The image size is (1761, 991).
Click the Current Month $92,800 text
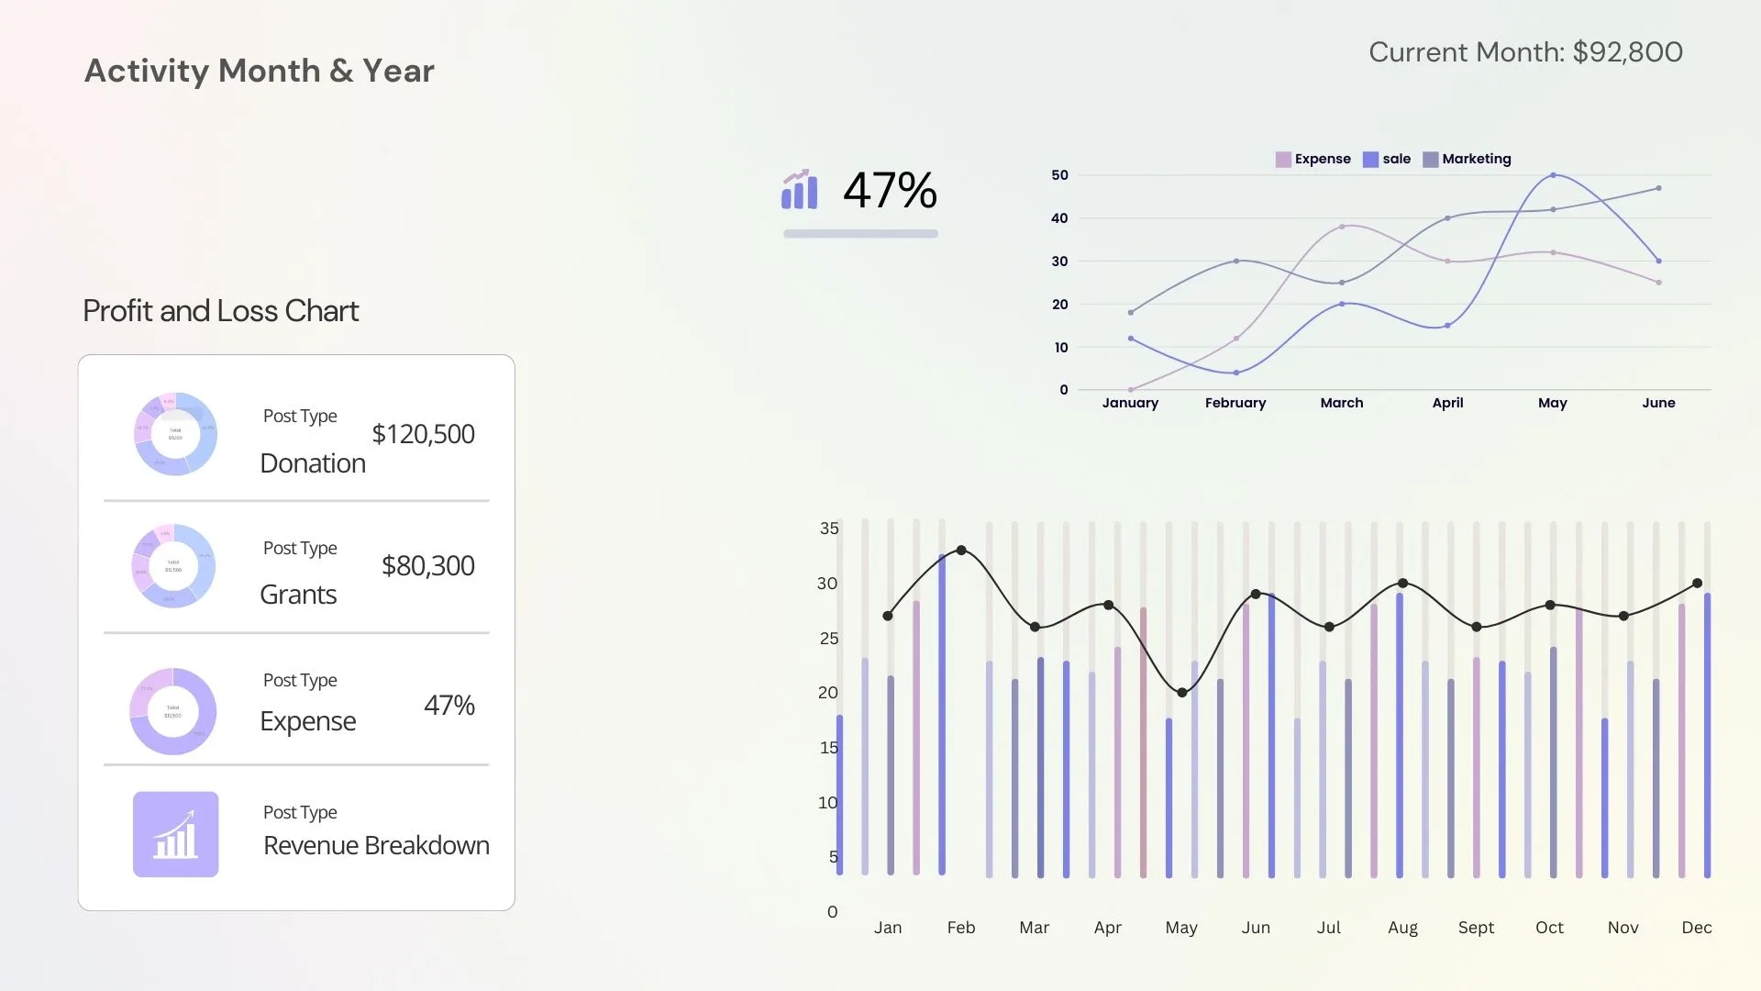pyautogui.click(x=1525, y=52)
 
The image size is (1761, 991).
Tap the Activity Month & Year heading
pyautogui.click(x=260, y=71)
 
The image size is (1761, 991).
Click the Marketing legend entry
pyautogui.click(x=1467, y=159)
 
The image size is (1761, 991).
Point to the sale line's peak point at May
pyautogui.click(x=1553, y=174)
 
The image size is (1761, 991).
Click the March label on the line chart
pyautogui.click(x=1341, y=403)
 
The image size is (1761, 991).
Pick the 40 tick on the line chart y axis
pyautogui.click(x=1059, y=218)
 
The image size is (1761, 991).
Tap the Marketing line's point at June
pyautogui.click(x=1658, y=188)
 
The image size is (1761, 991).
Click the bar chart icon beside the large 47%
pyautogui.click(x=799, y=190)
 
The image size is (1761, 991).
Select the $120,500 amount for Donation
pyautogui.click(x=423, y=434)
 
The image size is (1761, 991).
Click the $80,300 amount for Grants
pyautogui.click(x=427, y=565)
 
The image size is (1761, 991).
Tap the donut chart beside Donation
pyautogui.click(x=175, y=434)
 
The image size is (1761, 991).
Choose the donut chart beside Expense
pyautogui.click(x=173, y=711)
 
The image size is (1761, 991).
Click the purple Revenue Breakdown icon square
pyautogui.click(x=176, y=834)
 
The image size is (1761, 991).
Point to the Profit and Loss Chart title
pyautogui.click(x=220, y=311)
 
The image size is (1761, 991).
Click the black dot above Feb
pyautogui.click(x=961, y=551)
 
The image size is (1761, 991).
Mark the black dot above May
pyautogui.click(x=1182, y=693)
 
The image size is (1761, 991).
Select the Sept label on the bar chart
pyautogui.click(x=1476, y=928)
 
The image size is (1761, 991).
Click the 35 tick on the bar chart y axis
pyautogui.click(x=829, y=529)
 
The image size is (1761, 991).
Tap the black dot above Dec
pyautogui.click(x=1697, y=584)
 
